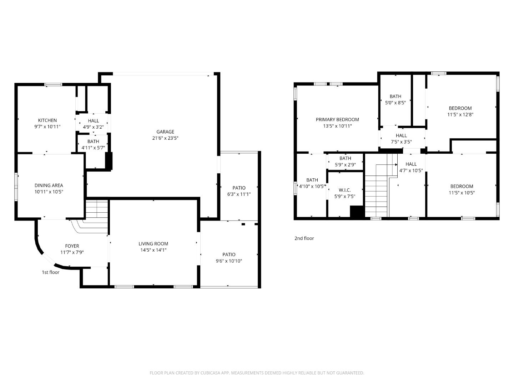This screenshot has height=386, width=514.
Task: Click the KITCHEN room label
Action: (47, 120)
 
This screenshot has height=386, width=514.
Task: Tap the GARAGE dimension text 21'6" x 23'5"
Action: (165, 138)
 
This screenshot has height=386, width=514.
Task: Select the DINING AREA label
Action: (49, 185)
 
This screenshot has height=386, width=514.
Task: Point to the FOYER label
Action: (72, 246)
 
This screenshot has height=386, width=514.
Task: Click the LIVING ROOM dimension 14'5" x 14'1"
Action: (153, 250)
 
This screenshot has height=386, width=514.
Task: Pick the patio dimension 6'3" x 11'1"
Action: (239, 194)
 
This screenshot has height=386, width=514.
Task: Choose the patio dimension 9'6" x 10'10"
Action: (229, 261)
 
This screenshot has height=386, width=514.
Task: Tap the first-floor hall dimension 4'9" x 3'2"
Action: (93, 127)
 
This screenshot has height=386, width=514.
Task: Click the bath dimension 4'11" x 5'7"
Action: (93, 147)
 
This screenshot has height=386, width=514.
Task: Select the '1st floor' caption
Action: (51, 272)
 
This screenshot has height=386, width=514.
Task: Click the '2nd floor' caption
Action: (304, 238)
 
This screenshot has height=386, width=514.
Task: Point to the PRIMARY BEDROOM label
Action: (337, 120)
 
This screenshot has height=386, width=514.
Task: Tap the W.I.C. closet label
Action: (345, 190)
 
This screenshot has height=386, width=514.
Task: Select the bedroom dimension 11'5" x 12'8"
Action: (460, 115)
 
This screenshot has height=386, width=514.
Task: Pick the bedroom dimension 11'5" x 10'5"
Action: (462, 193)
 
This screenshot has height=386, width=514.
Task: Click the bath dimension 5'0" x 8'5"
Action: (395, 103)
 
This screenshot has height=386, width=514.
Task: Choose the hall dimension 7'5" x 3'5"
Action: (401, 142)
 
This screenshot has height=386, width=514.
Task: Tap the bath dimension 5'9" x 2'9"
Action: (345, 165)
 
